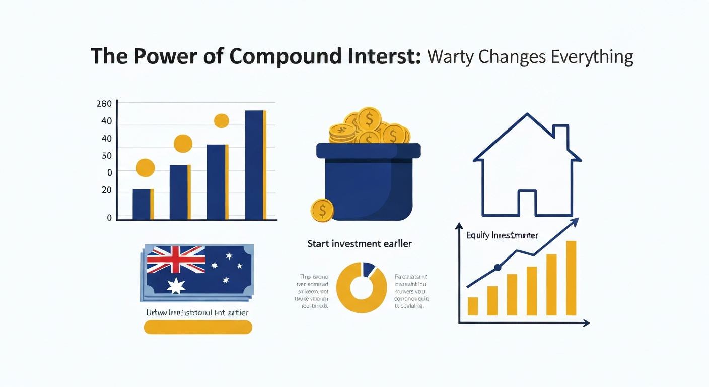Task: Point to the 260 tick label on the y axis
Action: click(103, 104)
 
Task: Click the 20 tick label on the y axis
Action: click(106, 190)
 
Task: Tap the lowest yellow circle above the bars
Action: click(146, 168)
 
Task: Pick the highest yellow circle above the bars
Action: click(222, 121)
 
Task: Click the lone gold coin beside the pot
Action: click(322, 210)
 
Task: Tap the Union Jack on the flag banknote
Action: click(176, 260)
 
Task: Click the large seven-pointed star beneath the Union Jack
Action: click(176, 285)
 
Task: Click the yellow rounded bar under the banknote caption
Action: click(198, 328)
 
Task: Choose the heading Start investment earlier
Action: click(359, 244)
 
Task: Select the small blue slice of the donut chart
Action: click(369, 268)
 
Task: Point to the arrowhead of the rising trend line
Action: click(575, 221)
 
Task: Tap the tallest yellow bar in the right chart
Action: click(571, 278)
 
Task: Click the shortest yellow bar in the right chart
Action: click(472, 306)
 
